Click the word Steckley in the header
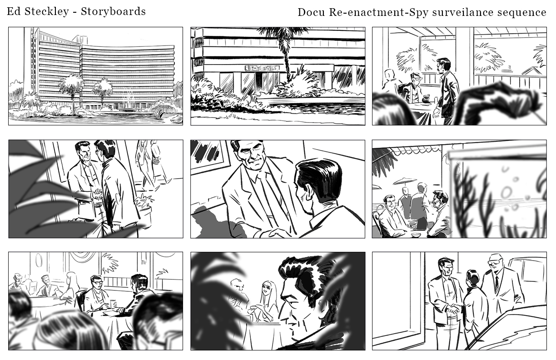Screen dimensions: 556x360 (x=46, y=12)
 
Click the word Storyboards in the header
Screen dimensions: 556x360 (x=113, y=11)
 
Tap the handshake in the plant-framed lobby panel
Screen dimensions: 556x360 (x=97, y=193)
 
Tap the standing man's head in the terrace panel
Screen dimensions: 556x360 (x=443, y=65)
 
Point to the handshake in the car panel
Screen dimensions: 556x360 (x=454, y=309)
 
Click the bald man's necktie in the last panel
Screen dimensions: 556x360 (x=496, y=283)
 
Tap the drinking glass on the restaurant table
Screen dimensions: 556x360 (x=113, y=304)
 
